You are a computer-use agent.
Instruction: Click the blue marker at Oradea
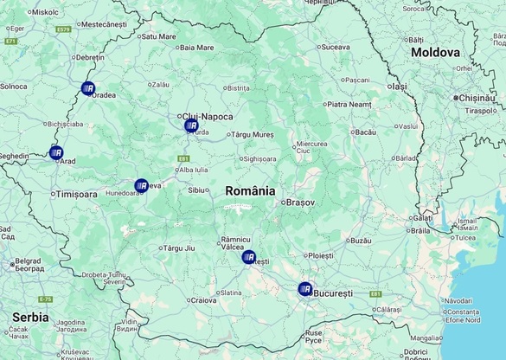click(x=87, y=87)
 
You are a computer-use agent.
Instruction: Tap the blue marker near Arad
click(x=56, y=153)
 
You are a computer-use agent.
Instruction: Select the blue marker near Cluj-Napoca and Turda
click(x=191, y=125)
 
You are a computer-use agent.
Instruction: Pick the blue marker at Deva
click(x=141, y=185)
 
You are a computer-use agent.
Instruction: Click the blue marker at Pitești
click(x=249, y=257)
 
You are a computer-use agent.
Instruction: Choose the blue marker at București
click(x=304, y=289)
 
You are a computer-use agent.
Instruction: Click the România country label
click(x=250, y=190)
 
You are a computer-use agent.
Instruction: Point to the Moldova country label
click(x=435, y=52)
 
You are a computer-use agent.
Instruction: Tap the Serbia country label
click(x=30, y=317)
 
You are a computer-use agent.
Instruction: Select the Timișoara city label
click(x=77, y=195)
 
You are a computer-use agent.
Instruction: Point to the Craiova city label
click(x=203, y=300)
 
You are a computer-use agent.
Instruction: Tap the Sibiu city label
click(x=197, y=190)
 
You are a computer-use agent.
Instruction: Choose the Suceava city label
click(x=335, y=47)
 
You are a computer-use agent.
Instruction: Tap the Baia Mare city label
click(x=196, y=48)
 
